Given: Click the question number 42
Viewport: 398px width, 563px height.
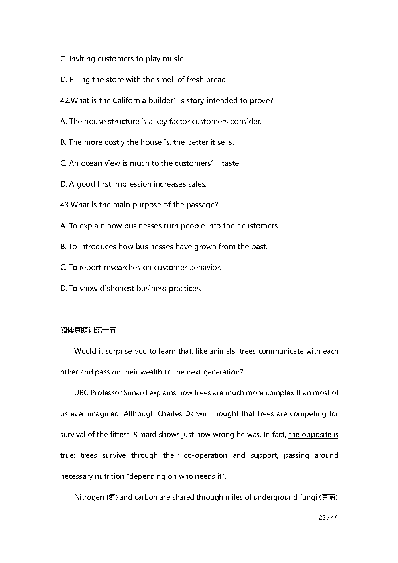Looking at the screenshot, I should pyautogui.click(x=65, y=101).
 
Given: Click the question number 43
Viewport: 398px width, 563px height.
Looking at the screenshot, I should pyautogui.click(x=65, y=205).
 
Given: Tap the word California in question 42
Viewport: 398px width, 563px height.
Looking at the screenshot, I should pyautogui.click(x=130, y=101).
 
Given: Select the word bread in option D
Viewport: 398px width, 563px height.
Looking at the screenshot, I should pyautogui.click(x=217, y=80).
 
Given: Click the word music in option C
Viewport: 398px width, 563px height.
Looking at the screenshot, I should pyautogui.click(x=173, y=59).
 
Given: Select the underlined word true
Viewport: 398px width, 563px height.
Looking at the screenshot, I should pyautogui.click(x=67, y=455).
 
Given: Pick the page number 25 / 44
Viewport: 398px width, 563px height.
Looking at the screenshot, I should pyautogui.click(x=328, y=518).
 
